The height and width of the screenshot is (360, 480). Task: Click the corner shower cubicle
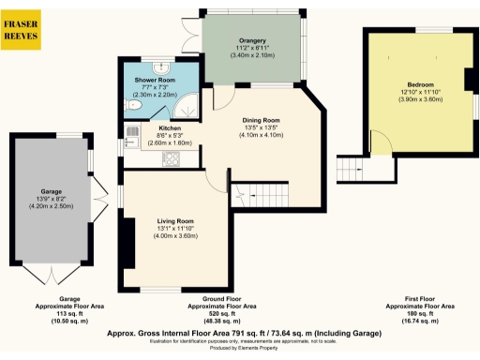tap(191, 106)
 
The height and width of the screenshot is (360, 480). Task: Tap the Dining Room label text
tap(262, 120)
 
